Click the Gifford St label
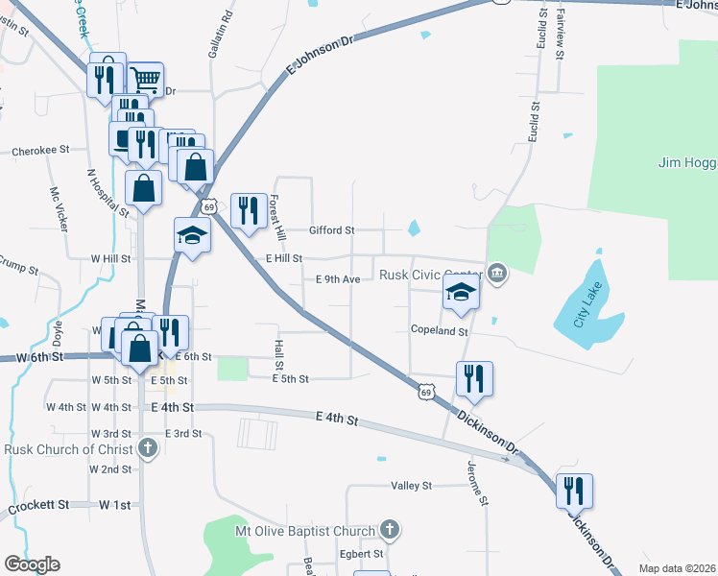pos(332,230)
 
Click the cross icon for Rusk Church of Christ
pos(147,448)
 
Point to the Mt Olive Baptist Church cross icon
pos(390,530)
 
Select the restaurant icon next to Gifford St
pos(249,210)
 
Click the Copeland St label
pos(439,331)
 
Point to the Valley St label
pos(413,487)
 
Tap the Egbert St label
pos(361,554)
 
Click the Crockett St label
pos(38,504)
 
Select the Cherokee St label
pos(41,151)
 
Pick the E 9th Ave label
pos(338,279)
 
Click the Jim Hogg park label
pos(687,162)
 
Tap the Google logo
pos(32,564)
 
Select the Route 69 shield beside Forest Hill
pos(207,205)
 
